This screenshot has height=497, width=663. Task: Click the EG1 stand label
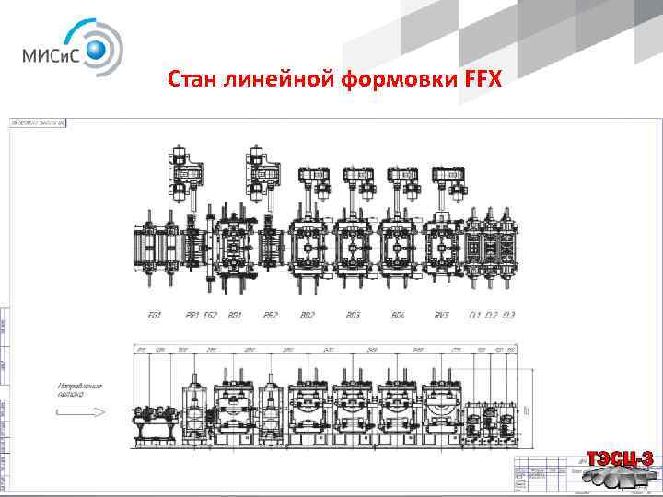[x=155, y=315]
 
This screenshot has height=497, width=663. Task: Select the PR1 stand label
[x=192, y=315]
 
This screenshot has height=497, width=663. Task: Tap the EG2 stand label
[x=211, y=315]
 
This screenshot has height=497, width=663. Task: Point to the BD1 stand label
[x=235, y=315]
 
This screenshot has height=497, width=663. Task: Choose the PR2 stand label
[x=270, y=315]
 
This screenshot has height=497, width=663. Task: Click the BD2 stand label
[x=308, y=315]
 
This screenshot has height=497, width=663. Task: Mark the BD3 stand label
[x=354, y=315]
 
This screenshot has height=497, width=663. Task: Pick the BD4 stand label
[x=398, y=315]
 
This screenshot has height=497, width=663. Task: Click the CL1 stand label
[x=474, y=315]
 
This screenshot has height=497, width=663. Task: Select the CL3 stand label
[x=509, y=315]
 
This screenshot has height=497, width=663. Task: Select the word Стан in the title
[x=192, y=81]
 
